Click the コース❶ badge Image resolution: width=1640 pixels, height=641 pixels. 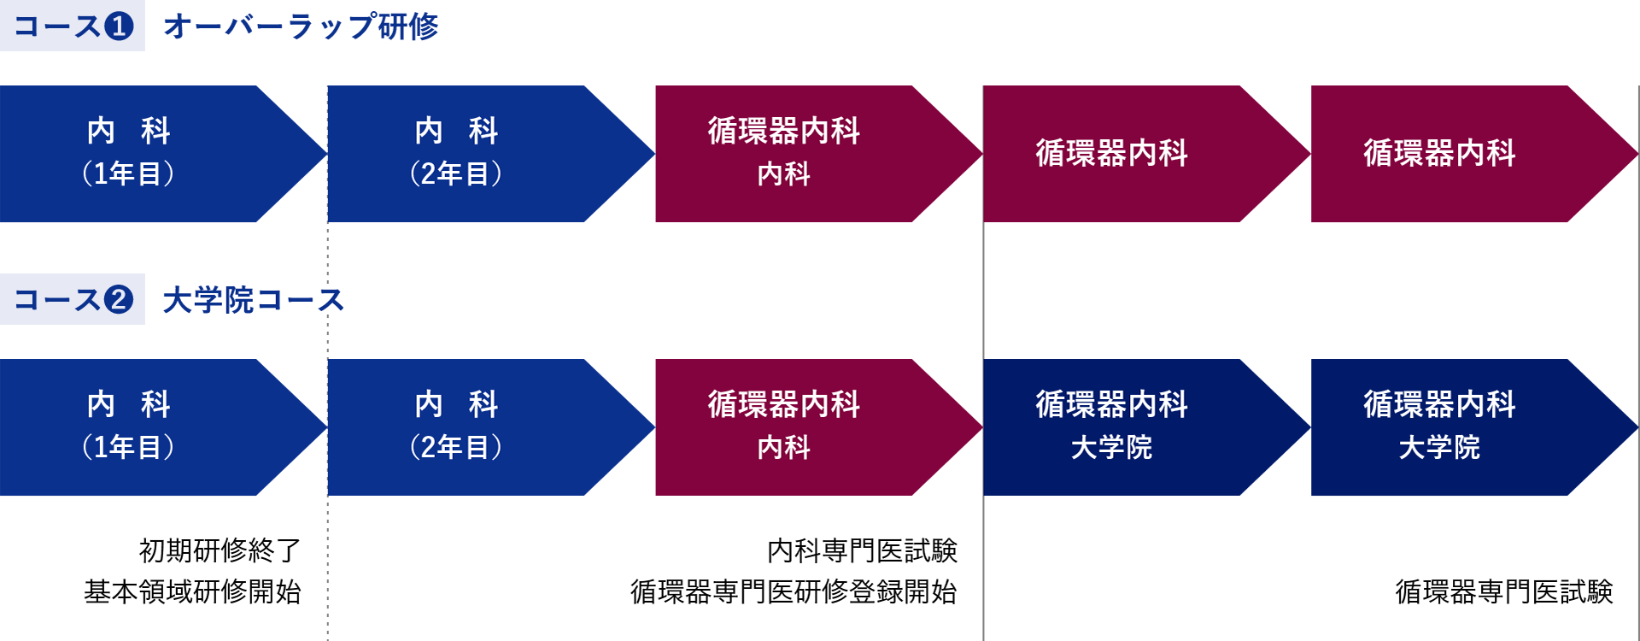(73, 26)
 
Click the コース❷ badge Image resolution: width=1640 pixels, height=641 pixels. (73, 299)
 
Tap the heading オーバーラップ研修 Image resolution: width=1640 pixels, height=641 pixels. (301, 26)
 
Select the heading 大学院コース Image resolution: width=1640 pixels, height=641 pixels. (253, 300)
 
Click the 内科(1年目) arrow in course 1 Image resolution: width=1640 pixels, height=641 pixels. (163, 154)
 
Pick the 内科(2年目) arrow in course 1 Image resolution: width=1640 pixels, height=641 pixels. (491, 154)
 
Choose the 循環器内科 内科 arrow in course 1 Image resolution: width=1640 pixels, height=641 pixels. (819, 154)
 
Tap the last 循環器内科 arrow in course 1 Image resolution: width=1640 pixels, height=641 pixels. (1475, 154)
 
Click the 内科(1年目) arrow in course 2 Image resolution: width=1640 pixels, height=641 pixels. (163, 427)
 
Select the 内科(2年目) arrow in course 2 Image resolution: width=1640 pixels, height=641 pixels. (491, 427)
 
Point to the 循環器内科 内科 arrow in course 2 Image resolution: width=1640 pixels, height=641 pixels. (819, 427)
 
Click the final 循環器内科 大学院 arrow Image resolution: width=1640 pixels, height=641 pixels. (1475, 427)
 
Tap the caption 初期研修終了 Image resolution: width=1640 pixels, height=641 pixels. (220, 550)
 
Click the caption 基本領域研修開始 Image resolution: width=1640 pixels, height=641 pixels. (193, 591)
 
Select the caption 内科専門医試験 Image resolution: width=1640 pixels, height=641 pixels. (863, 550)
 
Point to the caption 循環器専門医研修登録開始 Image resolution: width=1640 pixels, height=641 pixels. (794, 591)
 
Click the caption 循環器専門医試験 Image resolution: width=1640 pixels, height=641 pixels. (1504, 591)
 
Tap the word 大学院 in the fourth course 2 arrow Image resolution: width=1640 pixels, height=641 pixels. (1111, 447)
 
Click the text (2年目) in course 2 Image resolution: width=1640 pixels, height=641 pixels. (456, 447)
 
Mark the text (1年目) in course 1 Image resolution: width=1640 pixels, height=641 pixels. (128, 173)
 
